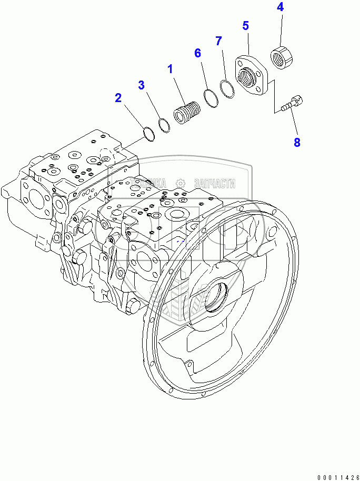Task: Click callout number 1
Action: (x=170, y=68)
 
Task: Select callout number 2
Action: (x=118, y=97)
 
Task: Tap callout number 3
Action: (x=142, y=85)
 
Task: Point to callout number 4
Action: (x=280, y=7)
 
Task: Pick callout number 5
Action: (x=245, y=26)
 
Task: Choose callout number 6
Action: (x=197, y=53)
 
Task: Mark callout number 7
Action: (x=218, y=41)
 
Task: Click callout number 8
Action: (x=297, y=142)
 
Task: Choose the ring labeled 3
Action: (x=164, y=125)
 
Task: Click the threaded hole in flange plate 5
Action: (x=247, y=78)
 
